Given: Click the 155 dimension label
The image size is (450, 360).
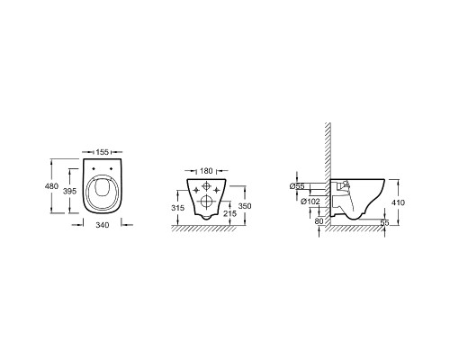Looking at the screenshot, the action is click(x=103, y=152).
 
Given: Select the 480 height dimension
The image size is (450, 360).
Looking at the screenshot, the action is click(x=51, y=186).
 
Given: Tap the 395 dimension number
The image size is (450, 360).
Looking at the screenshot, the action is click(x=69, y=191).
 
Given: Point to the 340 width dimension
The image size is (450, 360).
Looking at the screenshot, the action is click(x=103, y=225).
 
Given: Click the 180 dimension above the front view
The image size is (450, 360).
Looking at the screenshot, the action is click(x=206, y=171).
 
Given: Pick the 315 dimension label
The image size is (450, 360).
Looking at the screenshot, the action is click(x=178, y=208).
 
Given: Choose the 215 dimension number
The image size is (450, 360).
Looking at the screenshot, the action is click(x=229, y=213).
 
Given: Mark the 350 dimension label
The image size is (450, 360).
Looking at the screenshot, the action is click(x=245, y=206).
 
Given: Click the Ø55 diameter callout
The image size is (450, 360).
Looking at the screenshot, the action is click(x=297, y=186).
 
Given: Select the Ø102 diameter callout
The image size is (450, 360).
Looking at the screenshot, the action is click(x=310, y=202).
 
